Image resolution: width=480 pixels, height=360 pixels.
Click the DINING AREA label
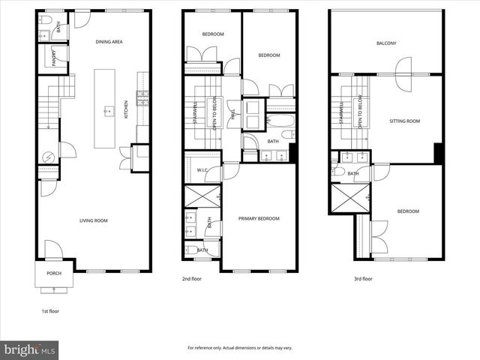click(x=109, y=42)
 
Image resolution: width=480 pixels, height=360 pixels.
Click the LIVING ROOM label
click(x=94, y=220)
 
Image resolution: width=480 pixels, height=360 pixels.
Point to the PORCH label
click(x=54, y=273)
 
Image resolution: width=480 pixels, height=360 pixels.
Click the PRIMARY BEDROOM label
click(x=259, y=218)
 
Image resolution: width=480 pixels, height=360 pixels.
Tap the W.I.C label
click(x=202, y=169)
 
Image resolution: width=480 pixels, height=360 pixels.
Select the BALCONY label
click(x=386, y=43)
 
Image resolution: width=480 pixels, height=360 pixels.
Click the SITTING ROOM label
click(x=404, y=120)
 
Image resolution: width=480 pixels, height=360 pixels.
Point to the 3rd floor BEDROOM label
click(x=407, y=211)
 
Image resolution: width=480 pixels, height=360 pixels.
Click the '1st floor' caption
click(x=51, y=310)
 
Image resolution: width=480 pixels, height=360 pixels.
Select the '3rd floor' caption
click(x=362, y=278)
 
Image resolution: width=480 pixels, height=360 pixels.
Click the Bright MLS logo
click(x=30, y=349)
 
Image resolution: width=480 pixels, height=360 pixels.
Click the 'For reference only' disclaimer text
click(x=239, y=348)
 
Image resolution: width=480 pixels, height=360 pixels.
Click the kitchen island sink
click(x=108, y=108)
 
